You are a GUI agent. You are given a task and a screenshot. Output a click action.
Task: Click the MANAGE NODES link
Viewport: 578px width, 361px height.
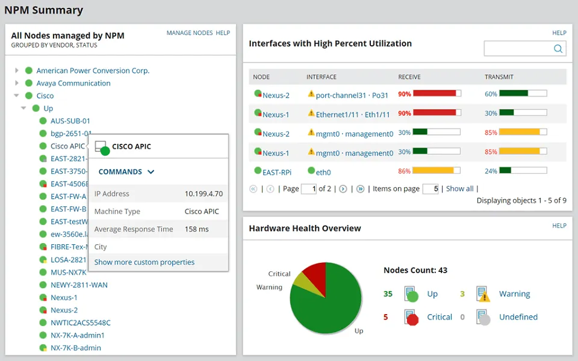(x=189, y=33)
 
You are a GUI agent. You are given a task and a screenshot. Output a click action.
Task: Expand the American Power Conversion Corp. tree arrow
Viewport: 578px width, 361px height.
(x=17, y=70)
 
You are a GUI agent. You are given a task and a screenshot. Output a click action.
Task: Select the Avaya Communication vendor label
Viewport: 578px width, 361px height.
(x=73, y=83)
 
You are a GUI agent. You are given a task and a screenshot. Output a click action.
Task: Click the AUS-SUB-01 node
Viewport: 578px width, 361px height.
(x=70, y=121)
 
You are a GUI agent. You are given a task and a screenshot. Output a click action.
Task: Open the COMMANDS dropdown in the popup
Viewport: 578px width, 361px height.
(x=126, y=171)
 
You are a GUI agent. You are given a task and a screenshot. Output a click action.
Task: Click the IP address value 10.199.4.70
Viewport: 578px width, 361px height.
(x=204, y=194)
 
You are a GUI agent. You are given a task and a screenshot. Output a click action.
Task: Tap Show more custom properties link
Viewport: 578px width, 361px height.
(x=144, y=262)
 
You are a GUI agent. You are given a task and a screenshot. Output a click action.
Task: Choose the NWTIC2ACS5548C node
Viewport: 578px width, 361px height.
(x=80, y=322)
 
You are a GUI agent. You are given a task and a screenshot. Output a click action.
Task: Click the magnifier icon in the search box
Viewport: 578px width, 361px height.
(x=558, y=49)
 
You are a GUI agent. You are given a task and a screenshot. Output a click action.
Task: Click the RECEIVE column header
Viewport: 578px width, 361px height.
(x=409, y=77)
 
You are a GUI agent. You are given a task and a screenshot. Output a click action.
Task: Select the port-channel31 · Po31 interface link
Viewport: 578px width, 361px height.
(x=352, y=95)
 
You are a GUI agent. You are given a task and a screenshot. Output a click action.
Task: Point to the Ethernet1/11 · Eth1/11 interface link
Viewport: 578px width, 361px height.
(x=353, y=114)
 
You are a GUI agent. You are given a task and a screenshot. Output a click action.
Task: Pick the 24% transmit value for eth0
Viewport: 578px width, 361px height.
(x=491, y=171)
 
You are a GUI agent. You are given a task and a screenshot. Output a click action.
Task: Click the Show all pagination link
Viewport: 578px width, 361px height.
(x=459, y=189)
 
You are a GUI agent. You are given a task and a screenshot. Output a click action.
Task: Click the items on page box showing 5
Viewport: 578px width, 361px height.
(x=430, y=189)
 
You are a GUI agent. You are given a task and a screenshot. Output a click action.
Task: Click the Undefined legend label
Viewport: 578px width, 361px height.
(x=518, y=317)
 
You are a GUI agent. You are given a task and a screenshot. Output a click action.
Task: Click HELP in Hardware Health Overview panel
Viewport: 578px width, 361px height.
(x=559, y=226)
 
